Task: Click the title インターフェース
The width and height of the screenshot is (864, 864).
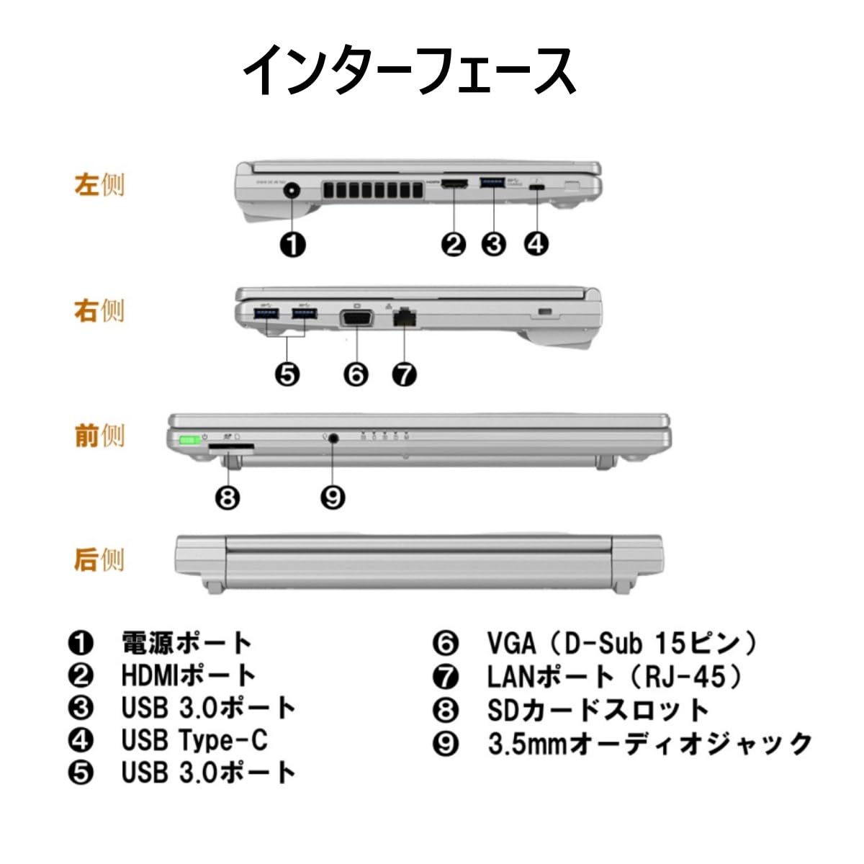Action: click(x=409, y=70)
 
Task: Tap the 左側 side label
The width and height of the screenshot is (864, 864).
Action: click(x=99, y=184)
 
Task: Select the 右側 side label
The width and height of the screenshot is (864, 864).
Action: click(x=99, y=310)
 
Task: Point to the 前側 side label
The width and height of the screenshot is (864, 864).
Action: click(x=99, y=435)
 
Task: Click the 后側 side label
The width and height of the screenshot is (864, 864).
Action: click(x=99, y=559)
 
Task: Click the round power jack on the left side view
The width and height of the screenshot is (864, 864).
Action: click(x=292, y=192)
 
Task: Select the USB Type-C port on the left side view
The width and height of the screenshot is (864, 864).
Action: click(x=536, y=187)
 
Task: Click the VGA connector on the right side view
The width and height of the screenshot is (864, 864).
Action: click(x=356, y=317)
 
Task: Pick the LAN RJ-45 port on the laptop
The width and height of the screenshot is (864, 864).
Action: click(x=405, y=318)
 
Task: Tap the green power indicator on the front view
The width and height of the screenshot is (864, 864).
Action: click(x=189, y=439)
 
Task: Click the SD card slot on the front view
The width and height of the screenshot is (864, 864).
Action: click(x=231, y=448)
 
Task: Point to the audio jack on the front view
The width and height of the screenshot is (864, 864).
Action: click(x=333, y=440)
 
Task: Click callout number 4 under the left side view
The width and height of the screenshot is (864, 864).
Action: click(x=535, y=244)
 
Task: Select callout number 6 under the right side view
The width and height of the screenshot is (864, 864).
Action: click(x=356, y=374)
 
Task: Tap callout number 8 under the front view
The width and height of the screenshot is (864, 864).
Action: click(x=228, y=497)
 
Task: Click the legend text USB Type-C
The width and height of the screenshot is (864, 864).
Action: click(x=194, y=739)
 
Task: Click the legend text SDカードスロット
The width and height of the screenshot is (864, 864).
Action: click(x=598, y=710)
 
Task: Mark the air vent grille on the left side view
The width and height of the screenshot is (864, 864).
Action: click(x=372, y=191)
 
